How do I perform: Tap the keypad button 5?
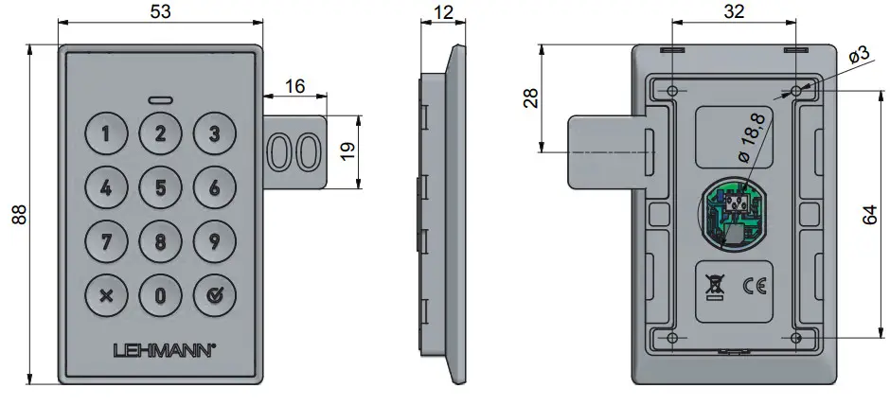tap(160, 186)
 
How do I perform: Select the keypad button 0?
tap(160, 294)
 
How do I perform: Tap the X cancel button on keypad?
tap(106, 294)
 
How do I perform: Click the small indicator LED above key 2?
tap(160, 99)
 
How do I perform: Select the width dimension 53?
tap(160, 12)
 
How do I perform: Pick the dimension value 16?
tap(294, 85)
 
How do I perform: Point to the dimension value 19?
tap(348, 152)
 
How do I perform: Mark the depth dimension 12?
tap(443, 12)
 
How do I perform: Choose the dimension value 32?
tap(733, 12)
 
